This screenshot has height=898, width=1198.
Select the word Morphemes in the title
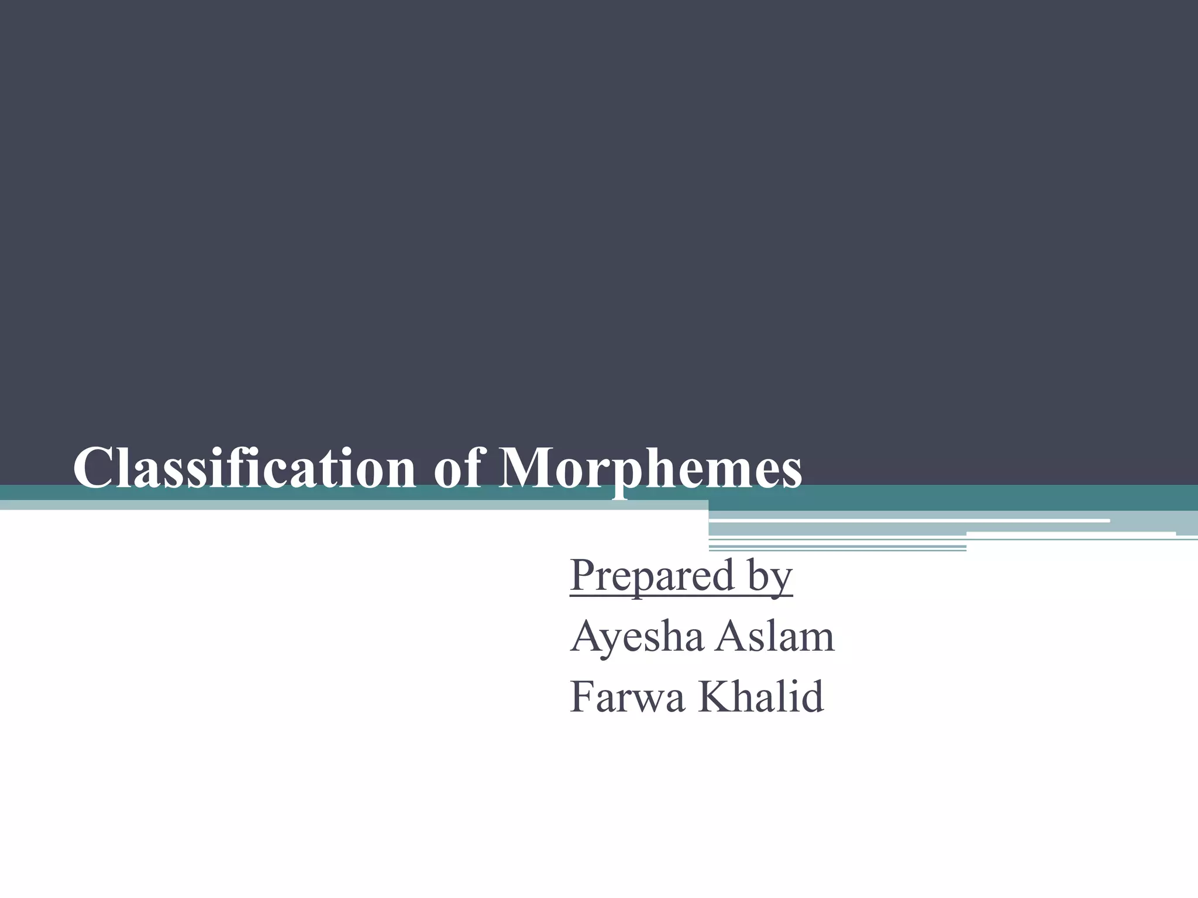650,468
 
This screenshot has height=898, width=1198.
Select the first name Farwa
627,697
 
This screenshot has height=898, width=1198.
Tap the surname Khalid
760,697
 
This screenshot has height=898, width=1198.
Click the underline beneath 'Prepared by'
681,596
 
